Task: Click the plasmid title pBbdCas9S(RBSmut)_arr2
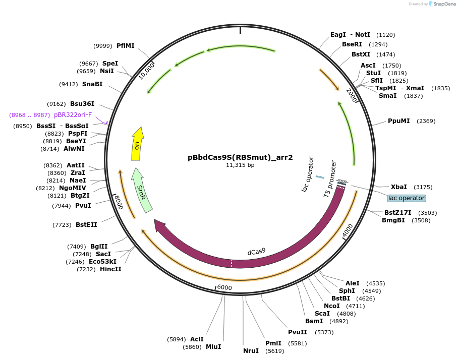(x=240, y=157)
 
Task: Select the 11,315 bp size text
(x=240, y=165)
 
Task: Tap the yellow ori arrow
(x=137, y=144)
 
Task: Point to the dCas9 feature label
(x=256, y=252)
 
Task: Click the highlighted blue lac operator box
(x=407, y=198)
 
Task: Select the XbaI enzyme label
(x=399, y=187)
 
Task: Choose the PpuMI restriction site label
(x=398, y=121)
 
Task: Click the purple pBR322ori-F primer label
(x=73, y=115)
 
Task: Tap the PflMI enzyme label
(x=126, y=46)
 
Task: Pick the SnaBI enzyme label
(x=92, y=84)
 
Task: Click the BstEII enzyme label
(x=86, y=224)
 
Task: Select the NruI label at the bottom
(x=251, y=350)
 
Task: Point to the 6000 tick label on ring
(x=224, y=287)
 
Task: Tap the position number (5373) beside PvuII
(x=323, y=332)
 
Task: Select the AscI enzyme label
(x=369, y=66)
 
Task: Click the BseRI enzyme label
(x=353, y=44)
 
